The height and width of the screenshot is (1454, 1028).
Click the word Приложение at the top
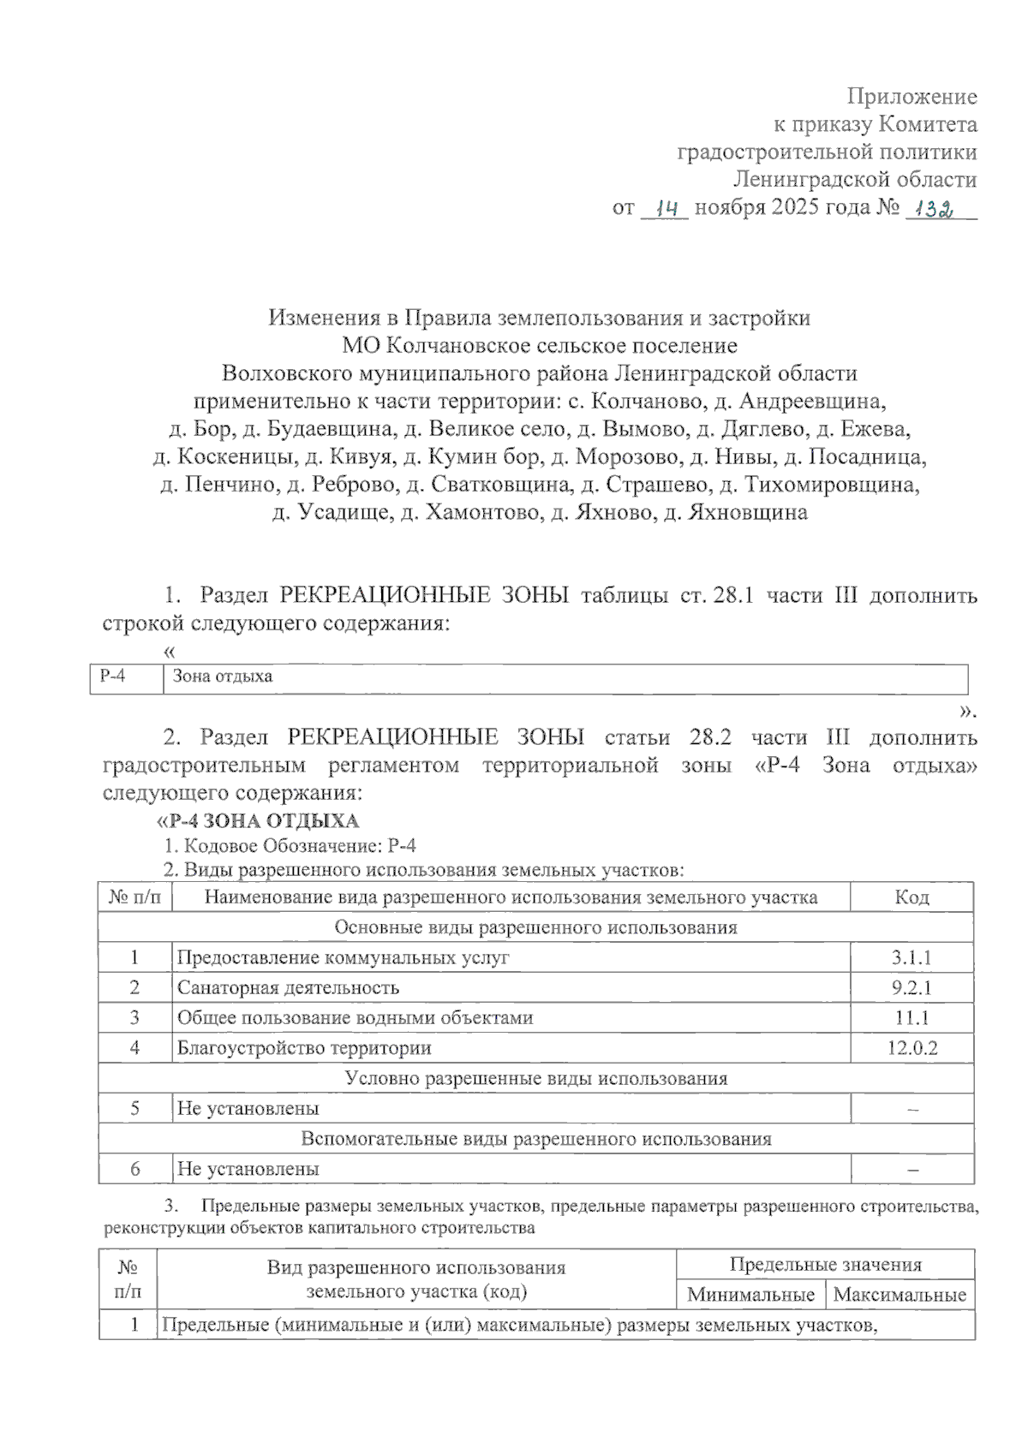[x=911, y=96]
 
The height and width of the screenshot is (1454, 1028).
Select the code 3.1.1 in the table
[x=911, y=957]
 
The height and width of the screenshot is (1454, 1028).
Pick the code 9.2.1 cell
[x=911, y=987]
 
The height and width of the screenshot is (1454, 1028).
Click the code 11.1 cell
[x=911, y=1018]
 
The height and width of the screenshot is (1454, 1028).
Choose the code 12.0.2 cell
[x=911, y=1048]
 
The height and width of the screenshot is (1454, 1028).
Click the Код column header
[x=911, y=897]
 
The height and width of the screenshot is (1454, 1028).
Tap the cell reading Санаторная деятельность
[x=288, y=987]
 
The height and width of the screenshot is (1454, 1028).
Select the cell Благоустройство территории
[x=304, y=1048]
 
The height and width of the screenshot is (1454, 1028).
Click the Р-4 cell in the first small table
[x=113, y=676]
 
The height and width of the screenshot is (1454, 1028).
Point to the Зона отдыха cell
[x=223, y=676]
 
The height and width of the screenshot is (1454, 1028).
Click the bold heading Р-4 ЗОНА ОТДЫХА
[x=262, y=821]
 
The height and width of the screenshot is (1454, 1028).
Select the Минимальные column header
[x=750, y=1295]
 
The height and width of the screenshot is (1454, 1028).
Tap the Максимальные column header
[x=899, y=1295]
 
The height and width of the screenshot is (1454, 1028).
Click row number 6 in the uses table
[x=134, y=1169]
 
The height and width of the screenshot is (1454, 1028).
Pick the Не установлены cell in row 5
[x=248, y=1109]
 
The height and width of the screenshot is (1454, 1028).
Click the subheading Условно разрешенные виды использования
[x=536, y=1079]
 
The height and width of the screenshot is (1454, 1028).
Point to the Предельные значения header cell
[x=825, y=1265]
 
